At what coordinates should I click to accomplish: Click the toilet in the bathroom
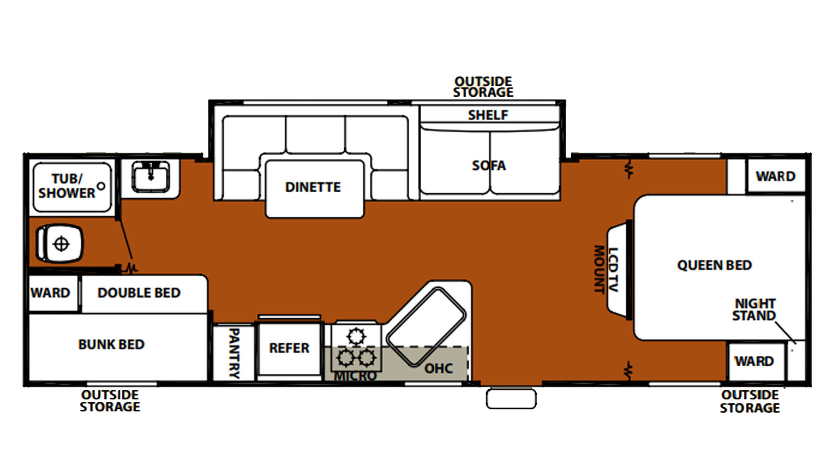click(x=60, y=244)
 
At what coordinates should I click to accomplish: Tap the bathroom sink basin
click(x=151, y=176)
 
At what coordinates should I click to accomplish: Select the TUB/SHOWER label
click(x=67, y=186)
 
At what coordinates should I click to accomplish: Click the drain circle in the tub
click(x=101, y=186)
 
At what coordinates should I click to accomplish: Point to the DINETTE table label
click(x=313, y=187)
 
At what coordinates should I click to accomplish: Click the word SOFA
click(x=489, y=165)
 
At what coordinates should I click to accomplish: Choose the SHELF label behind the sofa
click(x=488, y=115)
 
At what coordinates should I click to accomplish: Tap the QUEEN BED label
click(x=715, y=265)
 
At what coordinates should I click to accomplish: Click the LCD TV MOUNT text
click(x=606, y=269)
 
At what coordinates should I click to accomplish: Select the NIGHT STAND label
click(x=754, y=309)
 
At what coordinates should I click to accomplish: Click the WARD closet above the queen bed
click(x=776, y=176)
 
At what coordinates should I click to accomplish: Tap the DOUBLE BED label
click(x=139, y=293)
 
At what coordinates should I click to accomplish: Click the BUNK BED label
click(x=111, y=344)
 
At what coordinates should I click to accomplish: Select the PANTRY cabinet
click(x=234, y=353)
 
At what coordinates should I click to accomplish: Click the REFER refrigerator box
click(x=290, y=349)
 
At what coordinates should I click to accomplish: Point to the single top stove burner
click(x=356, y=336)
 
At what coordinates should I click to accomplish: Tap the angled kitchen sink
click(x=426, y=327)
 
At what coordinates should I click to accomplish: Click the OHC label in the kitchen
click(x=439, y=368)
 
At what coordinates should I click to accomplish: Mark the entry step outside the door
click(x=511, y=399)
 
